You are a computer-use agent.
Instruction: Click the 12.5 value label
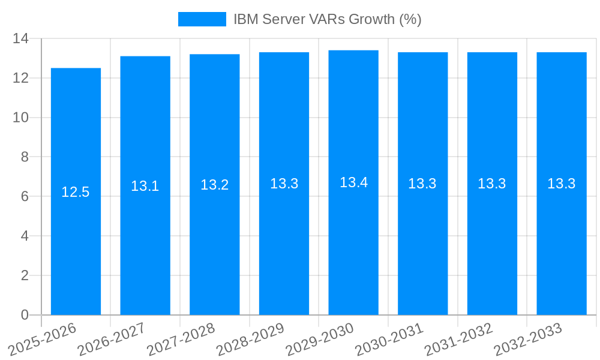coord(76,192)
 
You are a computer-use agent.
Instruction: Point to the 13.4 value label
coord(353,182)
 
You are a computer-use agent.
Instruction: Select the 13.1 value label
coord(145,186)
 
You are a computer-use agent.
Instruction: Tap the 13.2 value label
coord(215,185)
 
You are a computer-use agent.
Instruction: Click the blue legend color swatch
coord(202,19)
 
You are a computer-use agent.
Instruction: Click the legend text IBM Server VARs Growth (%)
coord(327,19)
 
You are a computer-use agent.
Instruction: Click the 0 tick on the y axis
coord(25,315)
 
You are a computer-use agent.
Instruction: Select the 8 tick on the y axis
coord(25,157)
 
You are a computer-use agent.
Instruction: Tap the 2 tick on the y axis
coord(25,275)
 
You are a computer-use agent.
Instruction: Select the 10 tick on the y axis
coord(21,118)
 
